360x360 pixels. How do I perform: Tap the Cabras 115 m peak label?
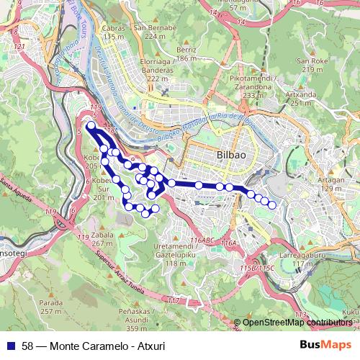point(114,32)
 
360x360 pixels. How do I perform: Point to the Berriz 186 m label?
point(186,54)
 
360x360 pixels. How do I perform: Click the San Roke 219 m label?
point(312,66)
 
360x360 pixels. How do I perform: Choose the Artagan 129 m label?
point(332,184)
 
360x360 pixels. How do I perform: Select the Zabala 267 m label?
point(103,239)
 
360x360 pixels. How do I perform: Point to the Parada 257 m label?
point(50,307)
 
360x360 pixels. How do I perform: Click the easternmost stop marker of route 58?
point(272,205)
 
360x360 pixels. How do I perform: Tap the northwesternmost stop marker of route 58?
point(91,127)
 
